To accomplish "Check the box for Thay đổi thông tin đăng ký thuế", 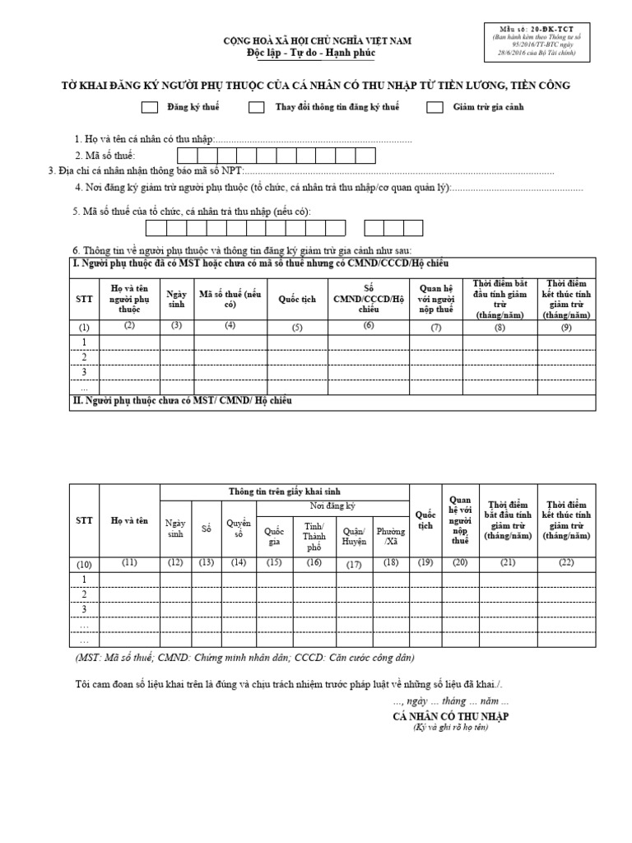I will (257, 107).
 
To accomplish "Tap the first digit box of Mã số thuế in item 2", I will (187, 156).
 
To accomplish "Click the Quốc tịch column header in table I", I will (297, 300).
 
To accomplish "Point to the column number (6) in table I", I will (369, 326).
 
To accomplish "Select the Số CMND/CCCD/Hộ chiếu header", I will (369, 300).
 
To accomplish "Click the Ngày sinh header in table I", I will (177, 300).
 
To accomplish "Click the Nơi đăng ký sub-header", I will (332, 506).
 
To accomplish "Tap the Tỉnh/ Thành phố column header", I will (314, 536).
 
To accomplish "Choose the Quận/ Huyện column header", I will (353, 536).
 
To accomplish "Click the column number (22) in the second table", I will (566, 563).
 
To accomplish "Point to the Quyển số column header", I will (238, 529).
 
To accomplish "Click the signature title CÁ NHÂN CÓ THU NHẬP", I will (451, 716).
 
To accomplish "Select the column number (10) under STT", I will (83, 564).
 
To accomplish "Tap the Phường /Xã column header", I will (391, 536).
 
